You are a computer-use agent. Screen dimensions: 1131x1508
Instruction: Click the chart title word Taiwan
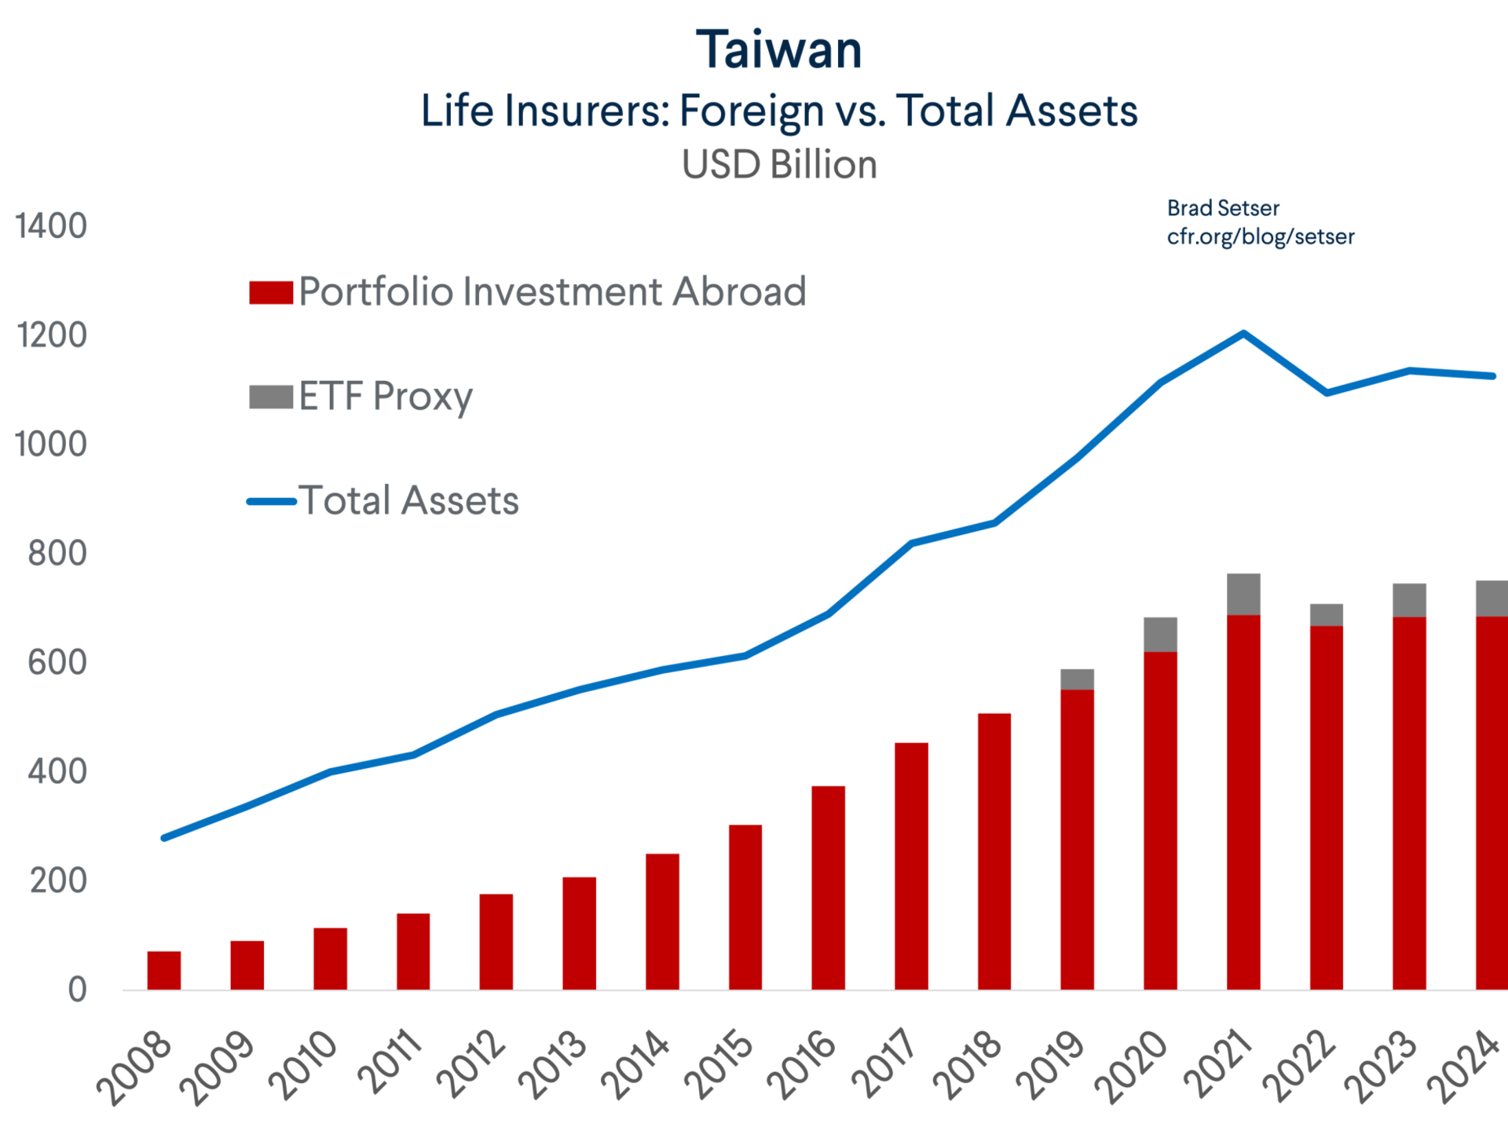[x=779, y=50]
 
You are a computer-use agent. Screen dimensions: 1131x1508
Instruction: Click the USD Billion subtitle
[x=779, y=166]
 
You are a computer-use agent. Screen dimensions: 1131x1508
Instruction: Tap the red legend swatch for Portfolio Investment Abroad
[x=271, y=292]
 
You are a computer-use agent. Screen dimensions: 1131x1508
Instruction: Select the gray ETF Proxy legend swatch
[x=271, y=397]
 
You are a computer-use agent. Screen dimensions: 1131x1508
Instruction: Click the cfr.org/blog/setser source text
[x=1261, y=236]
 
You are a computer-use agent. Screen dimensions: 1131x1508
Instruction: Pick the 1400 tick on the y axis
[x=51, y=226]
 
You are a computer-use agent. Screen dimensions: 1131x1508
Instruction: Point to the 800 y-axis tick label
[x=57, y=554]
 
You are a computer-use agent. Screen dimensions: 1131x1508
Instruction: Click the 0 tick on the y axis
[x=77, y=990]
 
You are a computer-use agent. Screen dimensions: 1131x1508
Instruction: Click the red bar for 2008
[x=163, y=969]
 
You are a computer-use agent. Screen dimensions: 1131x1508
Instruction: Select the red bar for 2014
[x=662, y=921]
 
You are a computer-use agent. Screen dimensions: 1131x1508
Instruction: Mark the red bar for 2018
[x=994, y=850]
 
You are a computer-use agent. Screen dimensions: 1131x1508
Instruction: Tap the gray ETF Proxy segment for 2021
[x=1244, y=593]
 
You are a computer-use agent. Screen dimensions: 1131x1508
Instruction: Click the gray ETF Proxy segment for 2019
[x=1078, y=679]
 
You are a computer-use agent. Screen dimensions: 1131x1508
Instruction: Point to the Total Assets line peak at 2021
[x=1243, y=333]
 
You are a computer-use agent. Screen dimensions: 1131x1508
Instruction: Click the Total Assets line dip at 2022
[x=1327, y=392]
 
